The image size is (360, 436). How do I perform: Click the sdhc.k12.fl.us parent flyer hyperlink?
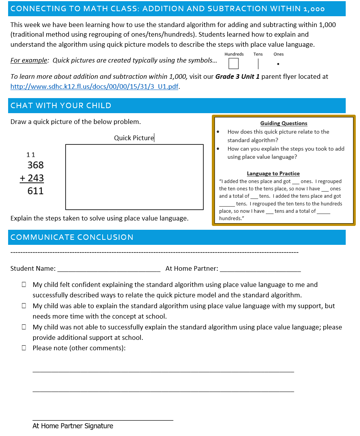(95, 87)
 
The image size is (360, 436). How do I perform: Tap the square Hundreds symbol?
(233, 63)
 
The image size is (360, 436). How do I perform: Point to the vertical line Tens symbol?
(258, 63)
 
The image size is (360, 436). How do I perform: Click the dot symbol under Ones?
(278, 64)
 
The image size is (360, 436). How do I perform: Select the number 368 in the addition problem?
(35, 165)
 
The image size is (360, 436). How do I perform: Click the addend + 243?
(32, 178)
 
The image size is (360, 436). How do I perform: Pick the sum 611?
(35, 191)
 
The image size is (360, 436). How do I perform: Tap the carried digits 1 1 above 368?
(30, 155)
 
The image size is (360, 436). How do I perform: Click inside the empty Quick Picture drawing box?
(134, 177)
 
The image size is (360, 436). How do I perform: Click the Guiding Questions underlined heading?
(284, 124)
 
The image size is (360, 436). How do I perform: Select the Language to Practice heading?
(273, 174)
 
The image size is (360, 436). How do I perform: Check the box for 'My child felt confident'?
(24, 285)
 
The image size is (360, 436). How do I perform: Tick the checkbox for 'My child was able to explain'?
(24, 306)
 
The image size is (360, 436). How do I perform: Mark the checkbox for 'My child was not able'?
(24, 327)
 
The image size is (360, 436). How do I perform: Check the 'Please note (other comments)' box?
(24, 348)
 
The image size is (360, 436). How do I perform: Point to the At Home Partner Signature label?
(73, 426)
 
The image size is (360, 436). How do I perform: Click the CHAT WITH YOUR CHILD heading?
(61, 106)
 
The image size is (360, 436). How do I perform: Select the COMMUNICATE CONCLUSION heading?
(72, 238)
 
